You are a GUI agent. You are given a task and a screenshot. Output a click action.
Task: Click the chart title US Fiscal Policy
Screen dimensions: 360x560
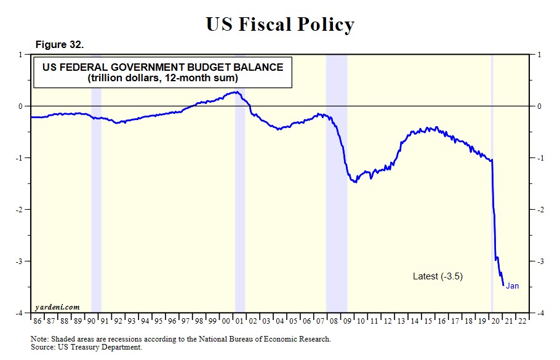280,24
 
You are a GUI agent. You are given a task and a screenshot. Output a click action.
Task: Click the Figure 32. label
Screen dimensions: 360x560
60,45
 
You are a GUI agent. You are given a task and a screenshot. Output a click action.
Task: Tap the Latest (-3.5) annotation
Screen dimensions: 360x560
438,276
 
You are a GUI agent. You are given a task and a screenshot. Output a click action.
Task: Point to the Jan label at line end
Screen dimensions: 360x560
512,286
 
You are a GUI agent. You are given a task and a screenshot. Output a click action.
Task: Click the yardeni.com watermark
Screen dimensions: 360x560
57,306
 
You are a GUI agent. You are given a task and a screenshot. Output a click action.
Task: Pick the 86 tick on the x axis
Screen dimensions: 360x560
37,321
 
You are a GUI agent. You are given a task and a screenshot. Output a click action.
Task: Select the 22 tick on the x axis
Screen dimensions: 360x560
522,321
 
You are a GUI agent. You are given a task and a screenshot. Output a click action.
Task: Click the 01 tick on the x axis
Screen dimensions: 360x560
239,321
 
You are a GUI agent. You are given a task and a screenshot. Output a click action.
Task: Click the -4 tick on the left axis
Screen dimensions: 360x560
20,313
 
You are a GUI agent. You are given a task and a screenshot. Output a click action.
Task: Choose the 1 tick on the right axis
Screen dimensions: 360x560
540,55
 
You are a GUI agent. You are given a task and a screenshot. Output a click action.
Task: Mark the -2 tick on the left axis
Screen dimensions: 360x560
20,210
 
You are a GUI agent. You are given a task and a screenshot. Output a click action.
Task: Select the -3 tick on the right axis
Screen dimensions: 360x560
541,262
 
